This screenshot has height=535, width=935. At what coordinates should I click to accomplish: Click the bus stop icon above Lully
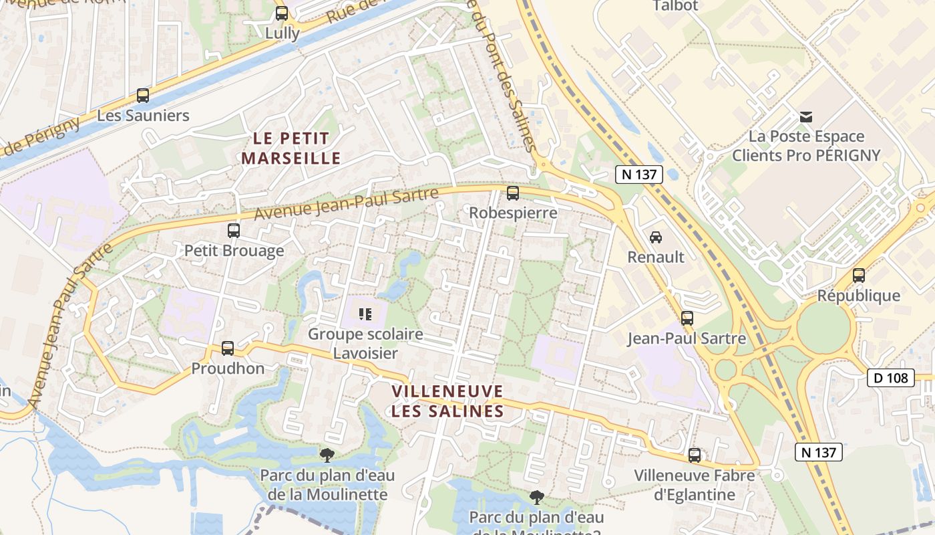tap(282, 13)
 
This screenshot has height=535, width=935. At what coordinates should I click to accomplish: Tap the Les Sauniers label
tap(143, 116)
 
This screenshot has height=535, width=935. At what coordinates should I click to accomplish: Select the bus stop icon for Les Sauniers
tap(143, 95)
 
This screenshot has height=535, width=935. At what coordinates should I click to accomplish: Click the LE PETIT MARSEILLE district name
tap(291, 148)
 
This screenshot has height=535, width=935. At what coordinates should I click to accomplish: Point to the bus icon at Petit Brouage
tap(234, 230)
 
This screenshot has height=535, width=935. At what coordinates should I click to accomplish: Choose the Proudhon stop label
tap(228, 368)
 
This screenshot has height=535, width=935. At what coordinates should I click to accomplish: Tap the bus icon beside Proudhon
tap(228, 348)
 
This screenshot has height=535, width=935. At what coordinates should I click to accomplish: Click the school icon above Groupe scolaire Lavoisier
tap(365, 313)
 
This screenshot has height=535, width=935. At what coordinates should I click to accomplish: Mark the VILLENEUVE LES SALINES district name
tap(447, 401)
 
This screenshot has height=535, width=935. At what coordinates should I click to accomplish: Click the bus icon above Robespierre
tap(513, 193)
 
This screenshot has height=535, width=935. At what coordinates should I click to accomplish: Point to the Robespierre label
tap(513, 213)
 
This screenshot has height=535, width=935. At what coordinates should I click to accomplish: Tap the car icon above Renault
tap(656, 237)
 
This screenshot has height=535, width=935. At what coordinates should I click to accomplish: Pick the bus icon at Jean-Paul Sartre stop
tap(687, 318)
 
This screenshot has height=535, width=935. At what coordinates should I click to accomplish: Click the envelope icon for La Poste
tap(806, 117)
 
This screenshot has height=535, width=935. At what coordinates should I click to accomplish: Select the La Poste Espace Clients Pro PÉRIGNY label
tap(806, 146)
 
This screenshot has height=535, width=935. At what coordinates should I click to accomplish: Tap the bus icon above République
tap(859, 275)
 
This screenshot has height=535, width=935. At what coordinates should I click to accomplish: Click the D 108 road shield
tap(891, 378)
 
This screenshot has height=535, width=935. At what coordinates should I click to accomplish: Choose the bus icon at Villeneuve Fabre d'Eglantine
tap(695, 455)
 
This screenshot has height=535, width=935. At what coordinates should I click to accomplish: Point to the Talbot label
tap(675, 6)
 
